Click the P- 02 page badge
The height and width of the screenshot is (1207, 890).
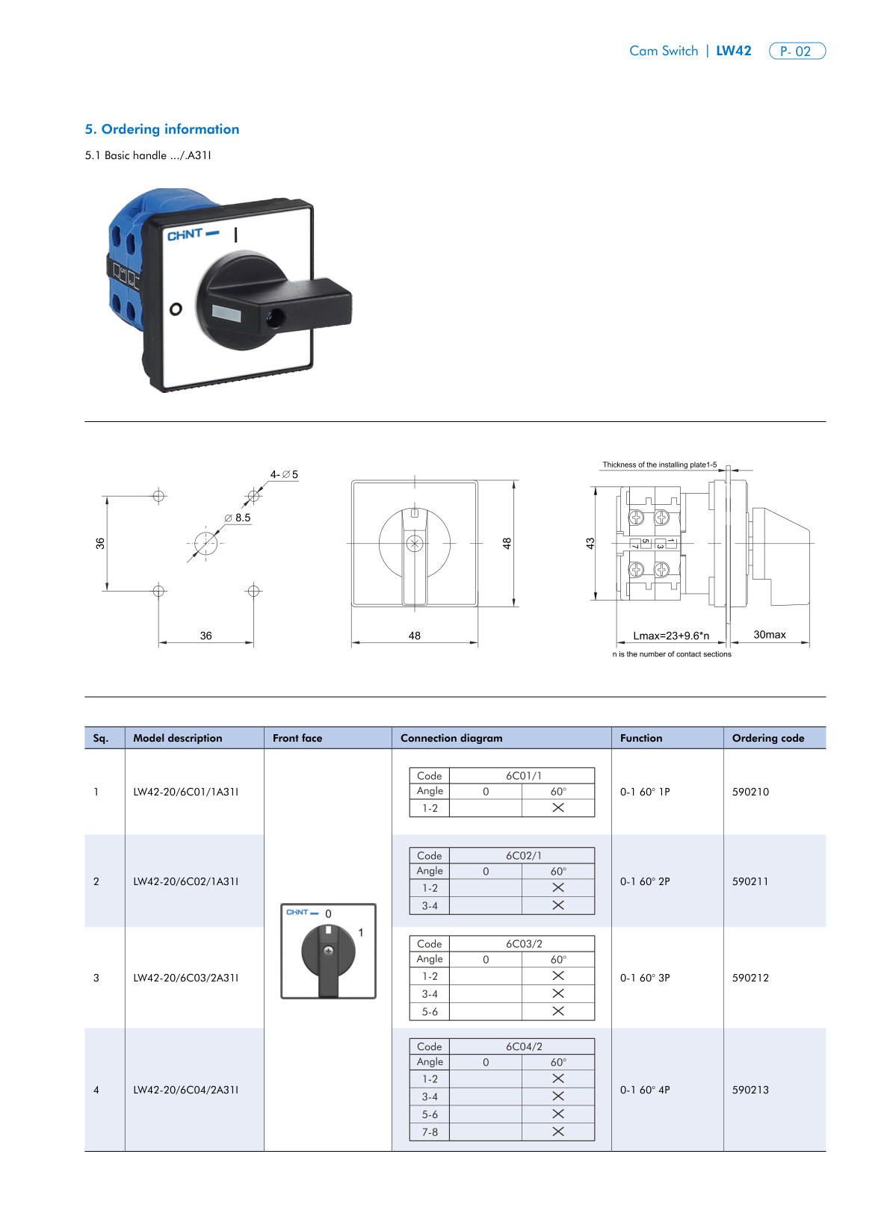tap(797, 52)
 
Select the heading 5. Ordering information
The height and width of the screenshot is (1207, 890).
tap(162, 129)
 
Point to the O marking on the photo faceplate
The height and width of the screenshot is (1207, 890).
tap(176, 308)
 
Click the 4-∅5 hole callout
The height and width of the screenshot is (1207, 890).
tap(284, 474)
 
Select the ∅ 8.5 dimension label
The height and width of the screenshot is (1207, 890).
tap(238, 518)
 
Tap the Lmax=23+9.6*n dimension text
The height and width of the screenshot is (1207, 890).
tap(671, 636)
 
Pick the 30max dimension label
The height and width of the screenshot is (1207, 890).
tap(769, 635)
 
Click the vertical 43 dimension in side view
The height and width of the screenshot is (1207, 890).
tap(590, 543)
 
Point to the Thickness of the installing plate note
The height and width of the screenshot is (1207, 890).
tap(659, 465)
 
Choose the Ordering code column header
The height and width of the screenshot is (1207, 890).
tap(767, 738)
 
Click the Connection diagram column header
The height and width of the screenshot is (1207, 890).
tap(451, 738)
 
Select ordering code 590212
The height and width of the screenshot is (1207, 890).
tap(750, 978)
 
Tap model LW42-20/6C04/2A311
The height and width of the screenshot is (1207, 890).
tap(186, 1090)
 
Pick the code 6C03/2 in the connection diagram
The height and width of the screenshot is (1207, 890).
tap(524, 944)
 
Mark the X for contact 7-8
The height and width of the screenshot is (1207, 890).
tap(557, 1132)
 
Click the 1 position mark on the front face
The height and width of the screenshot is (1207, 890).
tap(361, 932)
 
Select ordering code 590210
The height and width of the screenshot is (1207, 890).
tap(750, 792)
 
